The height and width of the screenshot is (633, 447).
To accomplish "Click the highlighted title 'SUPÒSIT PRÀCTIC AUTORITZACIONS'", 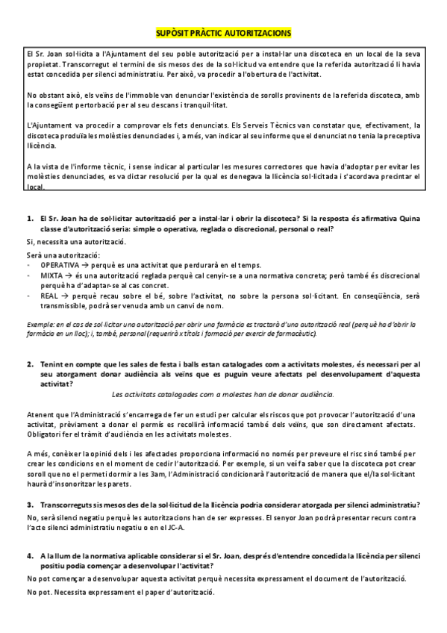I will tap(223, 34).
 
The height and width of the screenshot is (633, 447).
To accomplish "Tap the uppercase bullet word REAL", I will tap(49, 296).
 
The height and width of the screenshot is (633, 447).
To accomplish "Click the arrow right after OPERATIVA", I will tap(87, 265).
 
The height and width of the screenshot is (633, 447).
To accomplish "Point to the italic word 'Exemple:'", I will tap(39, 325).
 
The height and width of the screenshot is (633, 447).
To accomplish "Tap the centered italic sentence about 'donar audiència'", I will tap(222, 393).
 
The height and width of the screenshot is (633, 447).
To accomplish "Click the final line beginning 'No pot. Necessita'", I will tap(119, 592).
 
